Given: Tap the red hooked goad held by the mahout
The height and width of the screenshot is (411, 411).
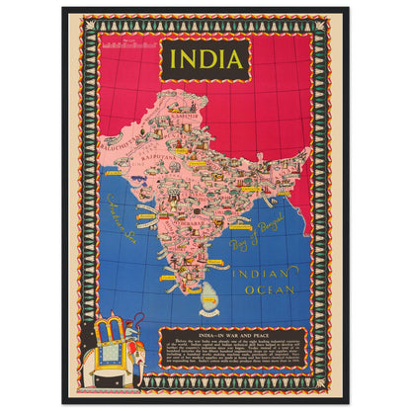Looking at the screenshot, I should (145, 320).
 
